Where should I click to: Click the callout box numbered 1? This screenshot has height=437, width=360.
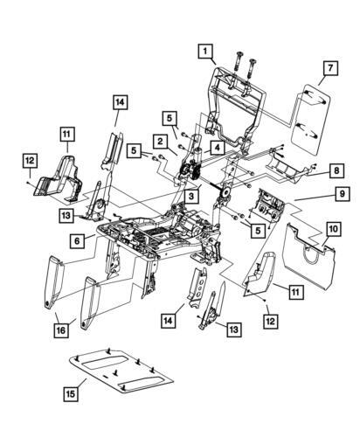pyautogui.click(x=205, y=52)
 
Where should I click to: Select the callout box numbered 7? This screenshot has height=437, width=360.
pyautogui.click(x=330, y=68)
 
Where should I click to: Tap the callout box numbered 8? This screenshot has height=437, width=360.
pyautogui.click(x=336, y=170)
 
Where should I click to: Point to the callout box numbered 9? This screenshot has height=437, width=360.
pyautogui.click(x=343, y=193)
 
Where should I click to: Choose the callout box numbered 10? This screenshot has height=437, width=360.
pyautogui.click(x=334, y=229)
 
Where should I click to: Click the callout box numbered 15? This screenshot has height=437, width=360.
pyautogui.click(x=71, y=394)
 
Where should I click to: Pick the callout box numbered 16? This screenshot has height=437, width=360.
pyautogui.click(x=61, y=330)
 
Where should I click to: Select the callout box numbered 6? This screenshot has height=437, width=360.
pyautogui.click(x=77, y=241)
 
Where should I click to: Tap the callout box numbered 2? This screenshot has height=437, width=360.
pyautogui.click(x=160, y=142)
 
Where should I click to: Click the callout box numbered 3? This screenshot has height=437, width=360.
pyautogui.click(x=191, y=196)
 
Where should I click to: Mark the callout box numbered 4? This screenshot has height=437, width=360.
pyautogui.click(x=218, y=148)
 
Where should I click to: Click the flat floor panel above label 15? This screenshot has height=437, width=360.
pyautogui.click(x=121, y=370)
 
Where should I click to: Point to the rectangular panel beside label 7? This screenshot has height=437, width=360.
pyautogui.click(x=311, y=120)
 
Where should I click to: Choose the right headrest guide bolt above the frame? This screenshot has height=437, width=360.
pyautogui.click(x=251, y=68)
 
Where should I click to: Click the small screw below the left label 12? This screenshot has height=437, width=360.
pyautogui.click(x=27, y=182)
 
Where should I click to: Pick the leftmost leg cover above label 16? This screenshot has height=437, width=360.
pyautogui.click(x=54, y=281)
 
